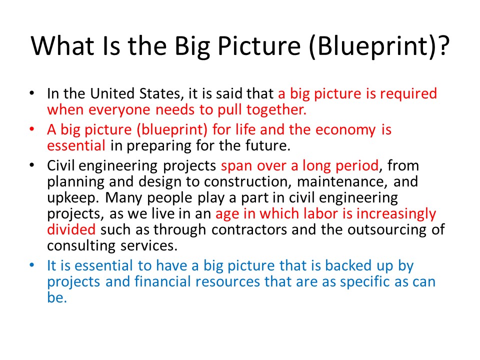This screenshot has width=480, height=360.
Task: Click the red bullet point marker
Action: click(x=32, y=129)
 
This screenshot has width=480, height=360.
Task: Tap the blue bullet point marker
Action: click(x=32, y=265)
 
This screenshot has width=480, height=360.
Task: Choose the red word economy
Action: click(x=345, y=130)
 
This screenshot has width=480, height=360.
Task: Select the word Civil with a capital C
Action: click(x=60, y=165)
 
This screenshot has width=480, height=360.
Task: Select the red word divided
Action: click(x=71, y=229)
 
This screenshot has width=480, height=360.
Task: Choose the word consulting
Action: click(x=81, y=246)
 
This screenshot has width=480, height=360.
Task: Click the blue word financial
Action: click(x=162, y=281)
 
